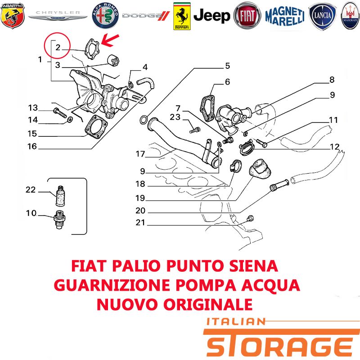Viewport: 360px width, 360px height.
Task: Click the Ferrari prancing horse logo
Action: tap(182, 16)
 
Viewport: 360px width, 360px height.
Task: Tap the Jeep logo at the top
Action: tap(211, 16)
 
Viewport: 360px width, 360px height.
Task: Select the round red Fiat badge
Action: tap(247, 16)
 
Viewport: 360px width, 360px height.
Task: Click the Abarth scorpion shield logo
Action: tap(13, 16)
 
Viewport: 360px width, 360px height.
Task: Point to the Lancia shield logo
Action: tap(322, 16)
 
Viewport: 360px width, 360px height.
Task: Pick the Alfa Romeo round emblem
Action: tap(105, 16)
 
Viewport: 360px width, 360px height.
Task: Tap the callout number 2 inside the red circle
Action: tap(58, 47)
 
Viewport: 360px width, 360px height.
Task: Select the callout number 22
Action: tap(31, 189)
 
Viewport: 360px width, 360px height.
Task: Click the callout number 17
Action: tap(140, 153)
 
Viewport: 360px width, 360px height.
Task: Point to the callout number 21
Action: tap(140, 222)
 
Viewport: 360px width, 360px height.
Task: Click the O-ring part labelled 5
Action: tap(144, 120)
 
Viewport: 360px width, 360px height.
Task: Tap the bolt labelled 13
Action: tap(60, 112)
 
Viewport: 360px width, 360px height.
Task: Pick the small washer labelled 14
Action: tap(70, 120)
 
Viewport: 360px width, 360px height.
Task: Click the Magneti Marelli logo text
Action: tap(285, 16)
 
